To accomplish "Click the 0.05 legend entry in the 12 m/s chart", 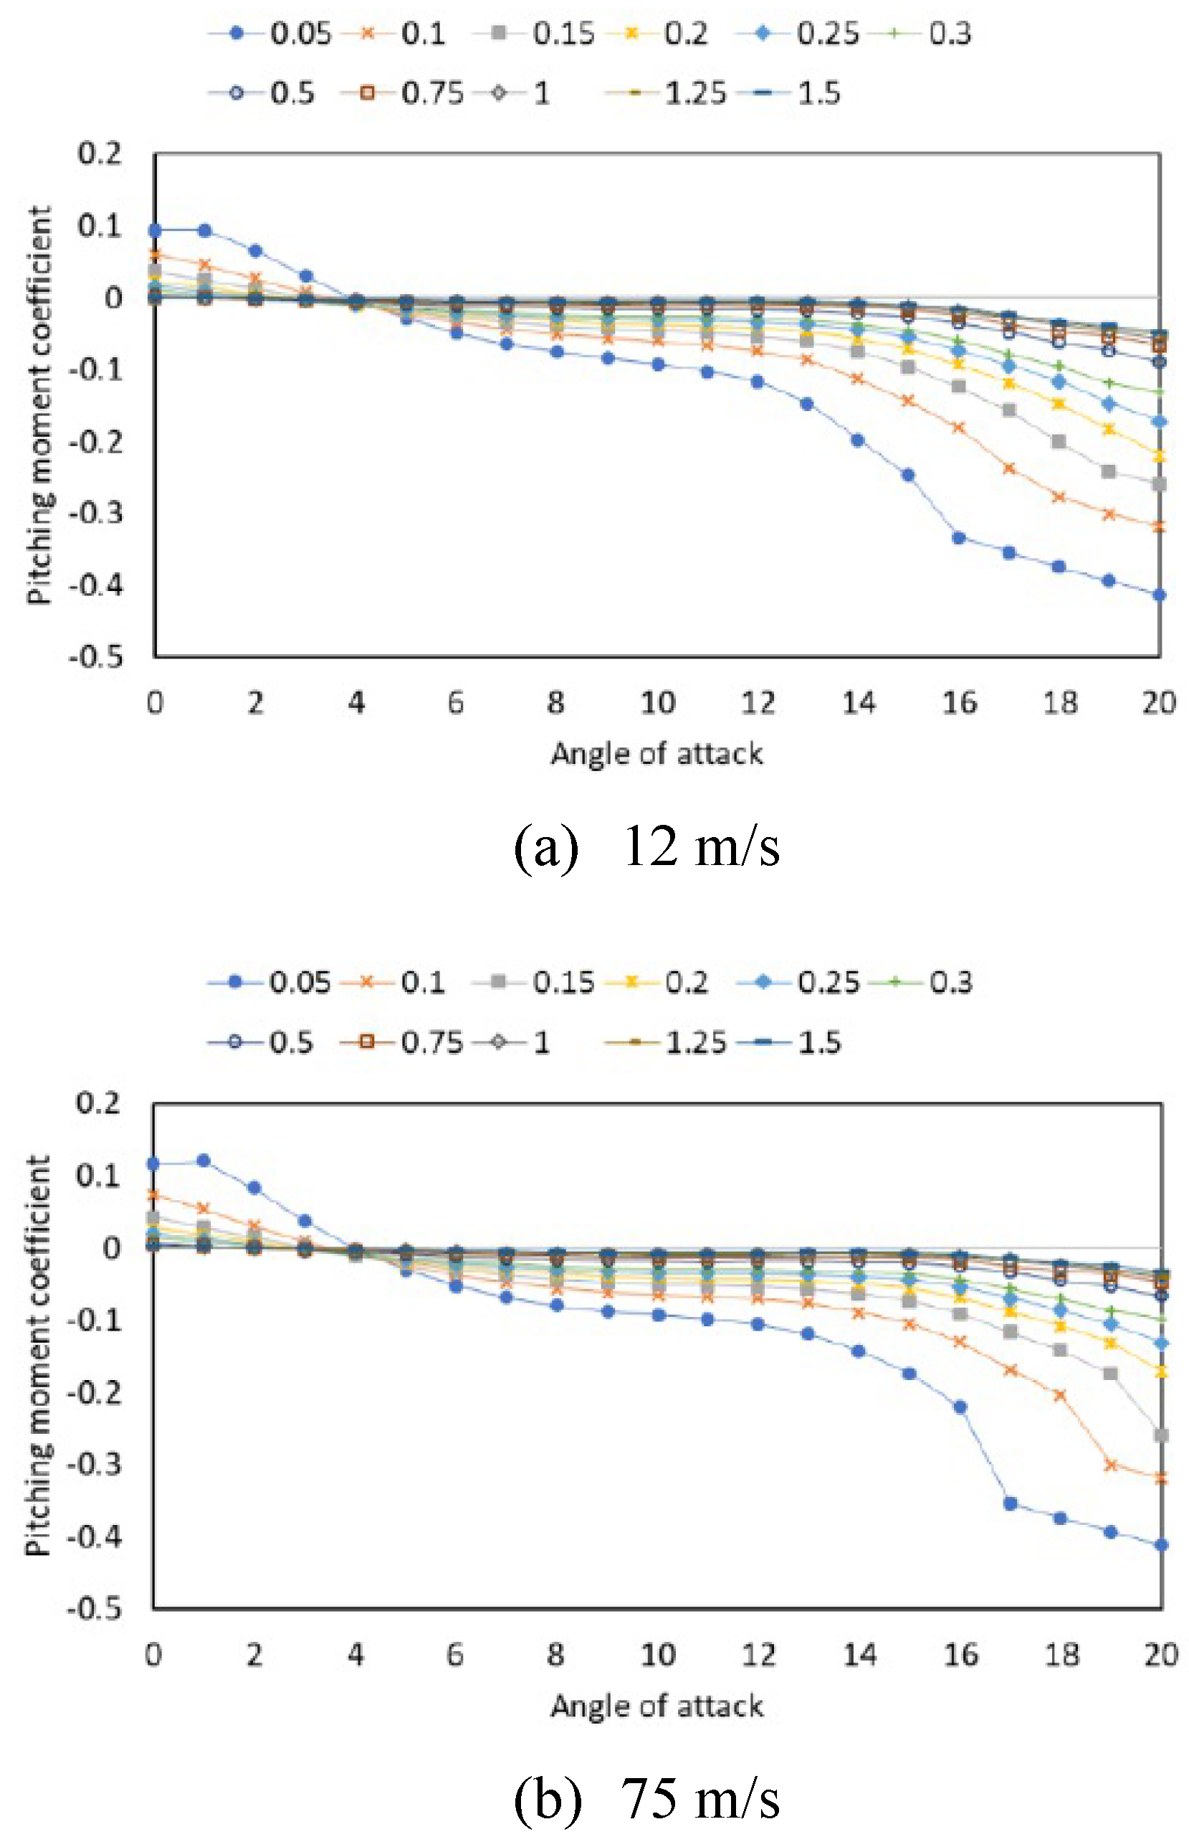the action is [x=269, y=33].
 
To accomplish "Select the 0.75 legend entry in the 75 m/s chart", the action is [x=401, y=1042].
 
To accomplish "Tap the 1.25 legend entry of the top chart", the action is [x=666, y=93].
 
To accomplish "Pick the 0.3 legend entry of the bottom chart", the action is [x=921, y=982].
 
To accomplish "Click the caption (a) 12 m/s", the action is [x=646, y=846].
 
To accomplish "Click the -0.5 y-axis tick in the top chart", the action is [x=96, y=657].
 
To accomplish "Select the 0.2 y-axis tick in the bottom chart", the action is [x=98, y=1102].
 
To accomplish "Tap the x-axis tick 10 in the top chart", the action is [x=658, y=702].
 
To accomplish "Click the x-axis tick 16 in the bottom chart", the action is [x=960, y=1655].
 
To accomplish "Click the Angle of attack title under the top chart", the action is [x=657, y=753].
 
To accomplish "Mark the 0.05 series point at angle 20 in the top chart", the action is [x=1159, y=595].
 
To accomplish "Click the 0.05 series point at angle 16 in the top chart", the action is [x=959, y=538].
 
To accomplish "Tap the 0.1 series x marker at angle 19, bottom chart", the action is [x=1111, y=1465].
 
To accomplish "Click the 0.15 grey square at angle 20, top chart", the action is [x=1159, y=484].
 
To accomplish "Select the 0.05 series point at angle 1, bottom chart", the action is [x=203, y=1161].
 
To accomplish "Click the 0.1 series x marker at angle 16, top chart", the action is [x=959, y=428].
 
